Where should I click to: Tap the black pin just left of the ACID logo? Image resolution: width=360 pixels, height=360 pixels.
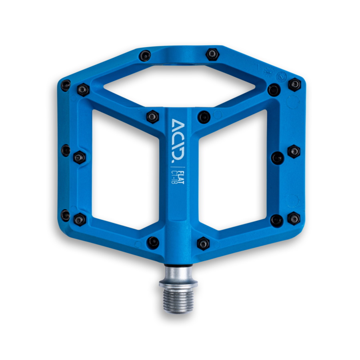152,116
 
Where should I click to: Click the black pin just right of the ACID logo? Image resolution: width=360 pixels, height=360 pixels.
204,117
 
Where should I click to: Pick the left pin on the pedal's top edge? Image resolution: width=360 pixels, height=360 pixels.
145,55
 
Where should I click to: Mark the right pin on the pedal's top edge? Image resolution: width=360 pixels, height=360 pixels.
212,54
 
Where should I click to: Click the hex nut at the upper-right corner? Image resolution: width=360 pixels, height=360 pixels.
294,84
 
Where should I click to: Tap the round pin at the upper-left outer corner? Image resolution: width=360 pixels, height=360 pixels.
66,85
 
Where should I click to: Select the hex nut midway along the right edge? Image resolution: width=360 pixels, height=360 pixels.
294,151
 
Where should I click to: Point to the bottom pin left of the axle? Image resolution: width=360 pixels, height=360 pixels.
153,242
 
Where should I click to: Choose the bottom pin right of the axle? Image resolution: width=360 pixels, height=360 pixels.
203,243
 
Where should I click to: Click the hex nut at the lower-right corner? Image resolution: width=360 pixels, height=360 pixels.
294,218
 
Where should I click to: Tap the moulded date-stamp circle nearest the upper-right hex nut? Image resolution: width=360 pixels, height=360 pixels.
283,75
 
